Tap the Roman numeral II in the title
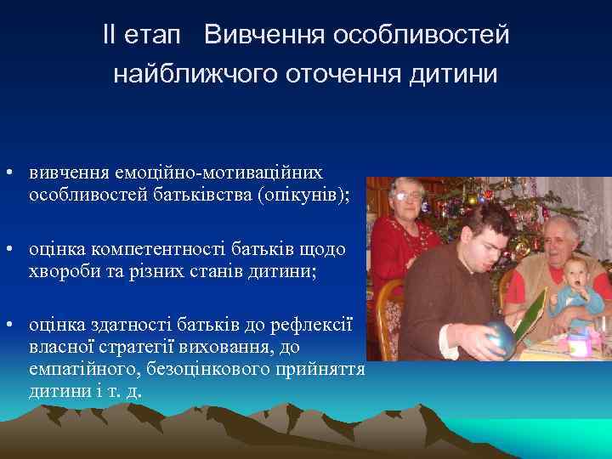110,37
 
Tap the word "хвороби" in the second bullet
61,269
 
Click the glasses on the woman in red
407,196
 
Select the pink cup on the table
577,344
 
